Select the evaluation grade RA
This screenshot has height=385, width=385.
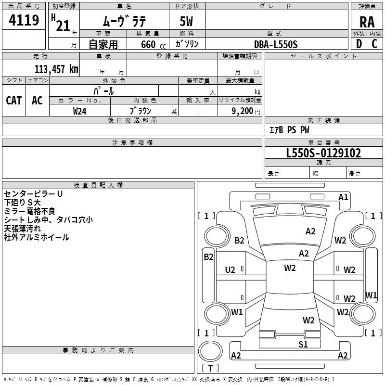[x=367, y=22]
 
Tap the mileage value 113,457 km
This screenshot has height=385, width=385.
[x=56, y=69]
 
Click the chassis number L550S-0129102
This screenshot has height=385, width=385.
[x=323, y=153]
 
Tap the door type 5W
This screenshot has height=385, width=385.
[x=187, y=22]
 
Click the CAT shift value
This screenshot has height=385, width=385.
[x=14, y=100]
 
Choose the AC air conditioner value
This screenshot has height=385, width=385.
[x=37, y=100]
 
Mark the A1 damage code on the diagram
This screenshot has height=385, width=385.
[x=343, y=197]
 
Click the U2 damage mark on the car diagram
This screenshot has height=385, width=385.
[x=230, y=270]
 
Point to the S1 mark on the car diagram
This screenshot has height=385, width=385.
[x=303, y=344]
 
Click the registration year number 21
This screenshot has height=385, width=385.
[x=63, y=25]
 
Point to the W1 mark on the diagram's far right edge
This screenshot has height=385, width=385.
[x=371, y=295]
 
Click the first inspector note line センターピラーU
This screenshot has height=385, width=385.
[x=33, y=193]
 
